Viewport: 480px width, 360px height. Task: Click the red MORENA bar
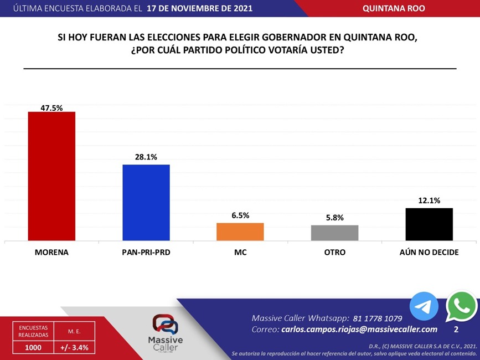coord(51,176)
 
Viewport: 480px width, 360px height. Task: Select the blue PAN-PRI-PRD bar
coord(146,202)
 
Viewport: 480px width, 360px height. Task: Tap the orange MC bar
coord(240,232)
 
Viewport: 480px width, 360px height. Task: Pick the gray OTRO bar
coord(334,233)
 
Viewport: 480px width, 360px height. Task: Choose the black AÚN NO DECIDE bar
coord(429,224)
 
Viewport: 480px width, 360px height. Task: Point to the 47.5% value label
coord(51,108)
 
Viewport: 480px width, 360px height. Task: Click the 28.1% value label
coord(146,157)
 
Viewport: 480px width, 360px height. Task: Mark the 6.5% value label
coord(240,215)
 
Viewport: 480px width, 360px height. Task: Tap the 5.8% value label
coord(334,218)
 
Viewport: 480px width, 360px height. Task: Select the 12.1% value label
coord(429,200)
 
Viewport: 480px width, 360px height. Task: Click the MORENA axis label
coord(51,252)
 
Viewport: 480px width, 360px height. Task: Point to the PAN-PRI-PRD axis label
coord(146,252)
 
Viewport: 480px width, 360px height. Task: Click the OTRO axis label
coord(334,252)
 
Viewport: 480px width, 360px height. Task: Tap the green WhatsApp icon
coord(461,306)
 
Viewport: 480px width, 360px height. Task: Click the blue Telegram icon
coord(424,307)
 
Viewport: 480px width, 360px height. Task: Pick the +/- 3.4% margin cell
coord(74,347)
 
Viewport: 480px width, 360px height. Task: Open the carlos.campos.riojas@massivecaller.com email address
coord(355,330)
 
